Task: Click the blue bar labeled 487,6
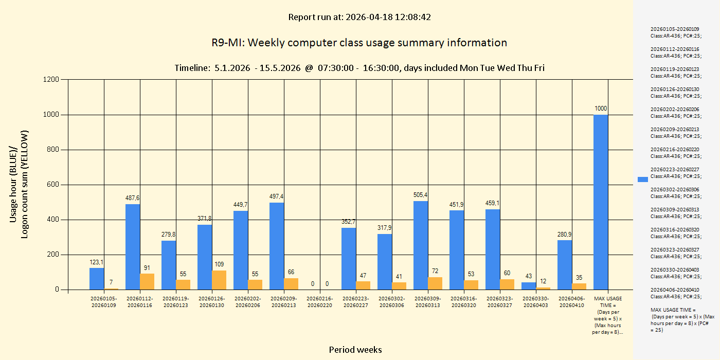click(133, 247)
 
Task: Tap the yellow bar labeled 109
click(219, 280)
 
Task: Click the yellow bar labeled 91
click(147, 281)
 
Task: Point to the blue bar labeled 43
click(529, 286)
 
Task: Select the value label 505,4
click(421, 195)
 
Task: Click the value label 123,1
click(97, 262)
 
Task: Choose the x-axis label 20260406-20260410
click(572, 301)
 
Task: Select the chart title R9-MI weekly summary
click(359, 43)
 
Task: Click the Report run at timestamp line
click(359, 17)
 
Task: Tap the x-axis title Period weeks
click(355, 350)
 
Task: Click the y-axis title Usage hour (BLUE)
click(14, 184)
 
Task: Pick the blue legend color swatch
click(643, 179)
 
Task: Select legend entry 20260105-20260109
click(675, 32)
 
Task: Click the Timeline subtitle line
click(359, 68)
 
